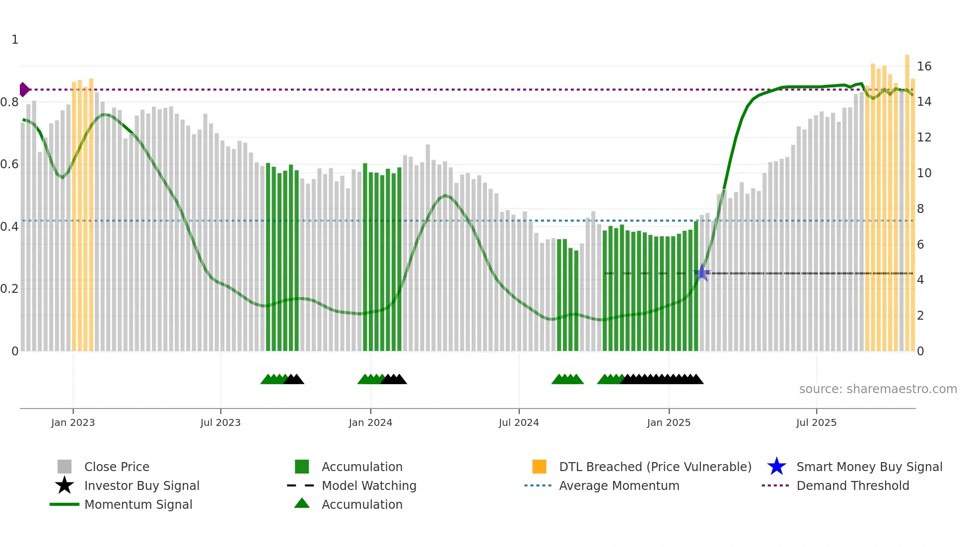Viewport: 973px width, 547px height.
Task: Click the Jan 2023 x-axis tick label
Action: [73, 422]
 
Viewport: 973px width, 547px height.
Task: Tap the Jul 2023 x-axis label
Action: [220, 422]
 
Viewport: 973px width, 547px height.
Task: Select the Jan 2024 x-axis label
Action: [370, 422]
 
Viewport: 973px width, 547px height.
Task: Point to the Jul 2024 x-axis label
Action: [519, 422]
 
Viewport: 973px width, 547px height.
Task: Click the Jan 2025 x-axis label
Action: [669, 422]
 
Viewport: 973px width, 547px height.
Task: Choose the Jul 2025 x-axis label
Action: [816, 422]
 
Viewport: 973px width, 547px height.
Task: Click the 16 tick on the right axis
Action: [924, 67]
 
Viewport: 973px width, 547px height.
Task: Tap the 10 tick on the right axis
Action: [924, 173]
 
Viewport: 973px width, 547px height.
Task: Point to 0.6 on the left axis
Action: [9, 164]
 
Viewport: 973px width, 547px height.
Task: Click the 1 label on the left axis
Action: [15, 40]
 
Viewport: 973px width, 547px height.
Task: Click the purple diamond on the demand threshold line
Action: [24, 90]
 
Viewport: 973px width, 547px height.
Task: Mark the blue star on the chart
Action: [702, 273]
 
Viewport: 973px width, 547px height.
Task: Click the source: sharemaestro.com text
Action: [878, 389]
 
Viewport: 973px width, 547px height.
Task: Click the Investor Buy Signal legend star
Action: [65, 485]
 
